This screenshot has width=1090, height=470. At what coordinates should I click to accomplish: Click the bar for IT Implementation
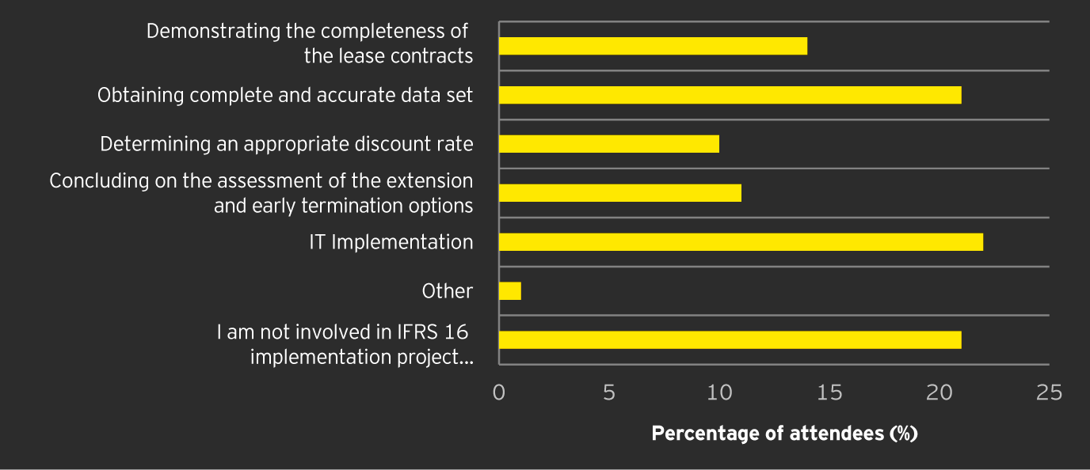(x=741, y=242)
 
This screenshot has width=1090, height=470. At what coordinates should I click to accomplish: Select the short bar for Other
(x=510, y=291)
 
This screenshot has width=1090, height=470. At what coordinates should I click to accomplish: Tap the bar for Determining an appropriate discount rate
(x=609, y=144)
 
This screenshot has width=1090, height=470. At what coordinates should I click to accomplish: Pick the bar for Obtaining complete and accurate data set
(x=730, y=95)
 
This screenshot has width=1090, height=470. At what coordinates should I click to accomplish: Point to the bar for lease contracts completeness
(x=653, y=46)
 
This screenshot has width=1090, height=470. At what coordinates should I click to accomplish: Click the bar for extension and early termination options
(x=620, y=193)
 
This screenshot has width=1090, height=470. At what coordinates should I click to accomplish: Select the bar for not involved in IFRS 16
(x=730, y=339)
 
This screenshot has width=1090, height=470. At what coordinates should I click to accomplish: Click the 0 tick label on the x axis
(x=499, y=392)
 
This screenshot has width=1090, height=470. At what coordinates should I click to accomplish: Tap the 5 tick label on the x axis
(x=608, y=392)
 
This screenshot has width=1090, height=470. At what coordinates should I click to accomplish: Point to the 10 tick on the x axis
(x=719, y=392)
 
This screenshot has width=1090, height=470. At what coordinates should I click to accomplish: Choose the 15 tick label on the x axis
(x=829, y=392)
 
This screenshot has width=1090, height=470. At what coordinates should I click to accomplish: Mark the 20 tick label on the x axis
(x=939, y=392)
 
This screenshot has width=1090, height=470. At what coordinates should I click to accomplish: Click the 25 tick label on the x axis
(x=1049, y=392)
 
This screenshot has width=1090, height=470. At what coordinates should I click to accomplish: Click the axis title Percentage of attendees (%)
(x=784, y=434)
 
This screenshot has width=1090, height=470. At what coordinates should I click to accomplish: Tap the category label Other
(x=448, y=291)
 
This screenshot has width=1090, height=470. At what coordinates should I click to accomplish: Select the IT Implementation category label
(x=391, y=242)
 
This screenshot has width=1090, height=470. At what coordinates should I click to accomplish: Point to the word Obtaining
(x=141, y=95)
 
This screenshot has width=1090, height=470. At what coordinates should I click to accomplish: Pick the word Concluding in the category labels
(x=99, y=181)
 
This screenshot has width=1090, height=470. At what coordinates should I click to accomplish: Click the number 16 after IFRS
(x=456, y=332)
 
